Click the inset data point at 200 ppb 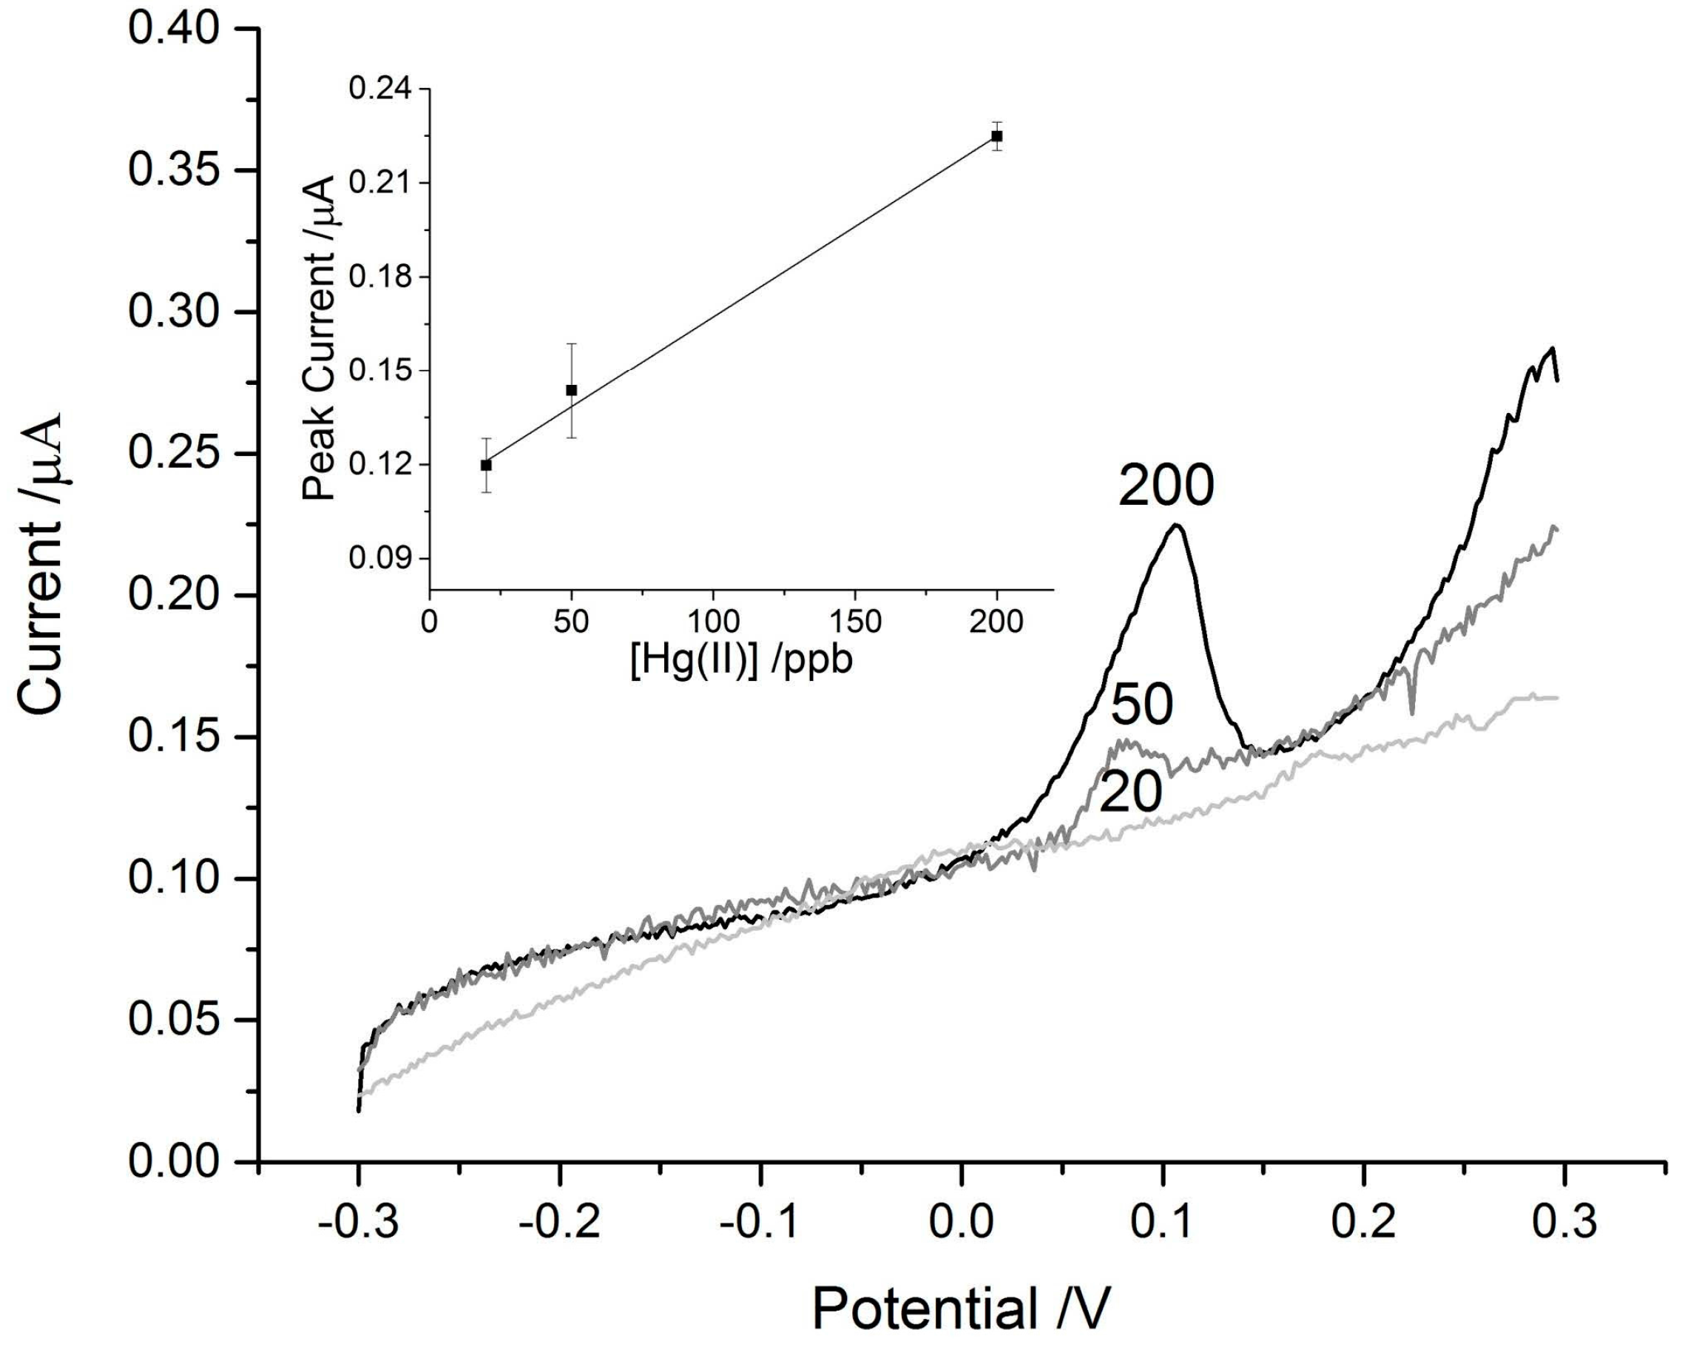point(996,136)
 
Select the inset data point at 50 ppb point(571,390)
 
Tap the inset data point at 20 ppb point(486,465)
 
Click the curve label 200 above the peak point(1166,486)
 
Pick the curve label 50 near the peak point(1142,705)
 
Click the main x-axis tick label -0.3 point(359,1222)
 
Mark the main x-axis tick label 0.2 point(1364,1222)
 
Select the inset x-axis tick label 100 point(713,622)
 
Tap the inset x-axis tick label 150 point(854,622)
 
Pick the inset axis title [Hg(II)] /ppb point(741,661)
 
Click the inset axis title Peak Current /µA point(319,337)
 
